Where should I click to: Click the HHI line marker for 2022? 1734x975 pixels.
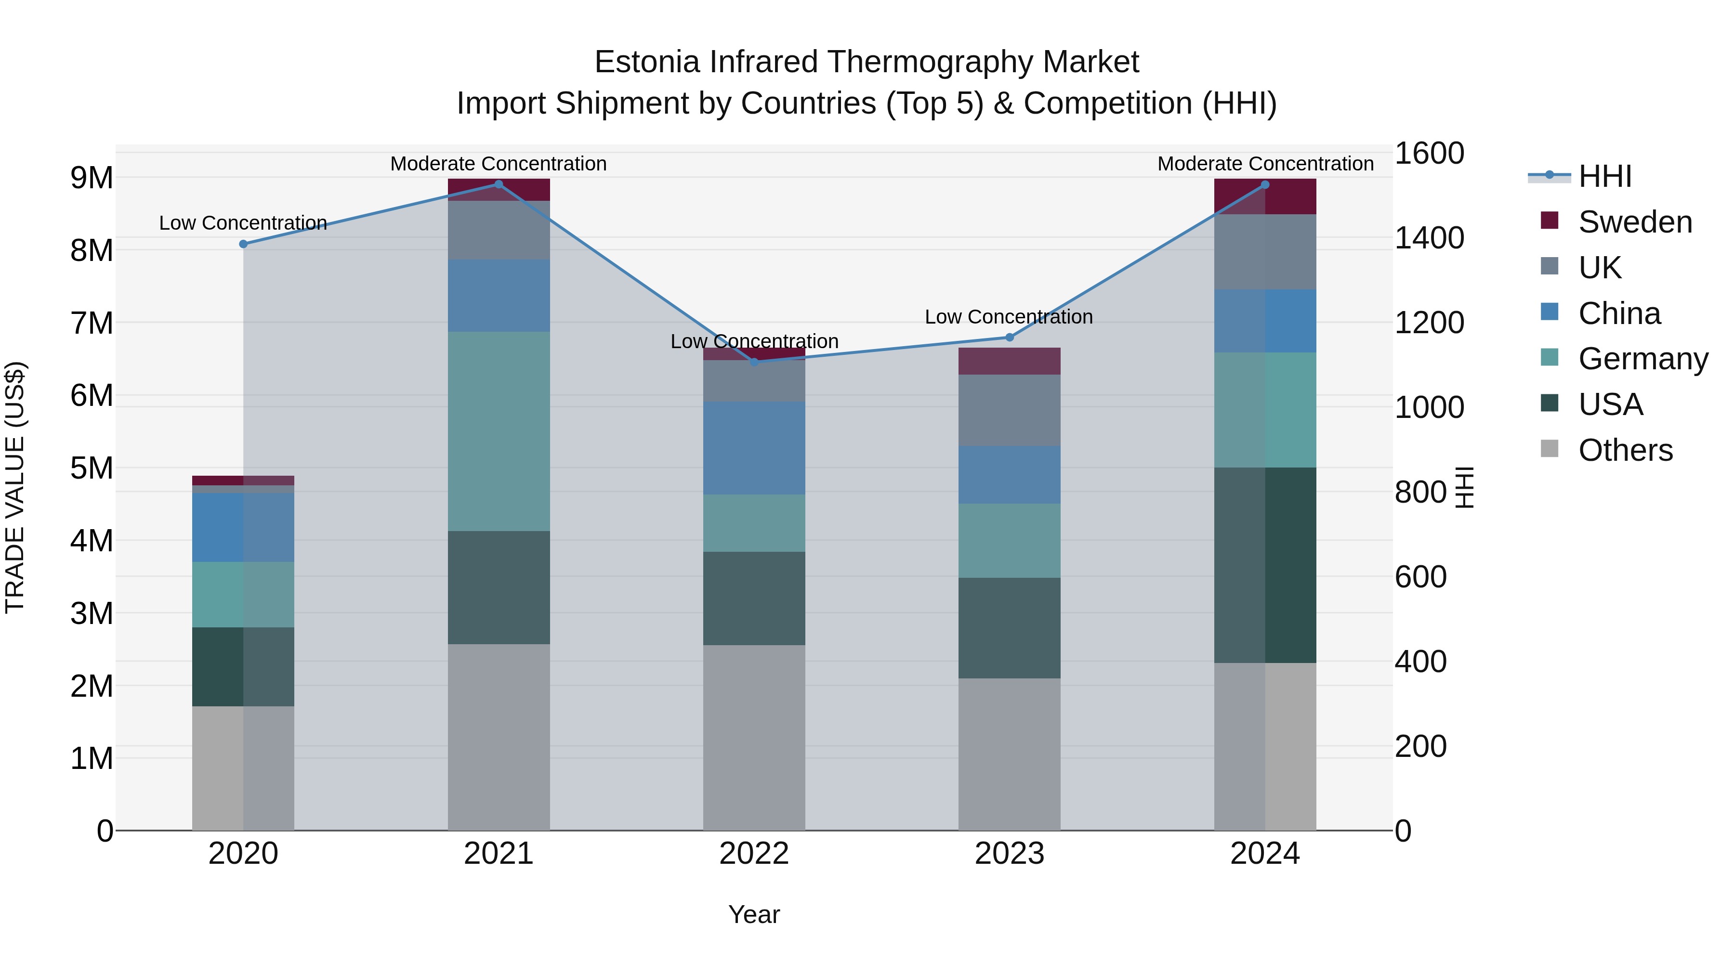(754, 361)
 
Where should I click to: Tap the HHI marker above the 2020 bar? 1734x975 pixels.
(244, 244)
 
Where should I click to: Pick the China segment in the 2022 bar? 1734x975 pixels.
(754, 448)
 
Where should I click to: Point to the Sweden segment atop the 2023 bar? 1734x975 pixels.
(1009, 361)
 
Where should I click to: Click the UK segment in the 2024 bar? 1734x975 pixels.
(1265, 252)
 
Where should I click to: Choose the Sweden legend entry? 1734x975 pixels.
(1634, 222)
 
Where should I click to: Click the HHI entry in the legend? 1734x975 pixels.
(1605, 176)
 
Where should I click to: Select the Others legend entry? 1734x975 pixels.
(1625, 450)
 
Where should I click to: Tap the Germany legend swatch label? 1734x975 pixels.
(1642, 359)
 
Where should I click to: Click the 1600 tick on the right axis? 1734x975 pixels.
(1429, 154)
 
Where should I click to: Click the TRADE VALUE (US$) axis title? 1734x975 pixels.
(15, 487)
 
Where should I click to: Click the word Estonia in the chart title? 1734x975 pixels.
(647, 62)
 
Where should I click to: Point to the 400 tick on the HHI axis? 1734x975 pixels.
(1420, 662)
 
